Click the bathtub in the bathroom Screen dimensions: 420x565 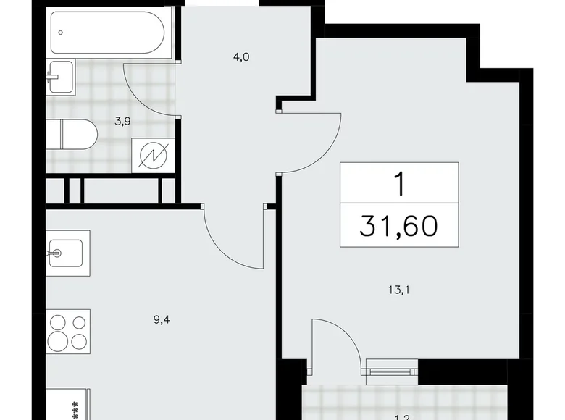click(110, 31)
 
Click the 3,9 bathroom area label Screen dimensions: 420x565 click(122, 122)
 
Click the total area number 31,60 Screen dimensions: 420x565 click(399, 226)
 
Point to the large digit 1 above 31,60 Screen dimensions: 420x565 click(399, 184)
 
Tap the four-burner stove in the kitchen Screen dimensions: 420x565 click(69, 333)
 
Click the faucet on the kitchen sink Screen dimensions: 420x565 click(55, 253)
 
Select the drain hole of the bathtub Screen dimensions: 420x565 click(62, 31)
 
